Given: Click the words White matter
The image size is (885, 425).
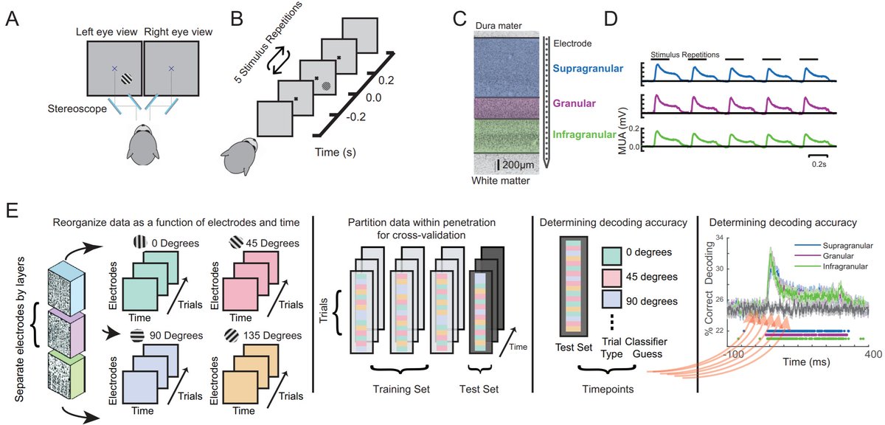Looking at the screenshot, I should [x=501, y=181].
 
